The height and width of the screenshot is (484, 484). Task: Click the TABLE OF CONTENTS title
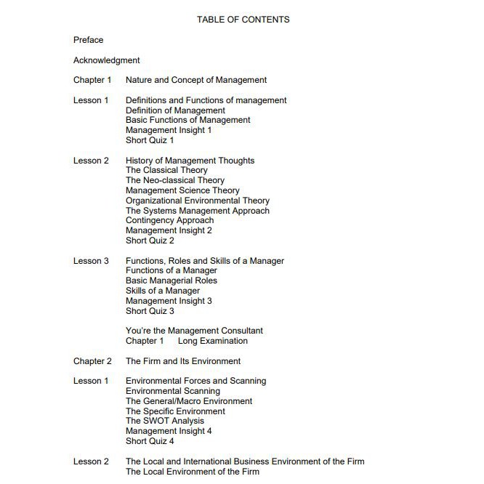(243, 20)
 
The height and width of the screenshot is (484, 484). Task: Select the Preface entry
(89, 40)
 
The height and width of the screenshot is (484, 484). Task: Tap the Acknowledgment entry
(107, 60)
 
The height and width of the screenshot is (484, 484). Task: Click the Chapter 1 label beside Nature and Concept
(92, 80)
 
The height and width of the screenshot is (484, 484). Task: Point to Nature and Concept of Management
(196, 80)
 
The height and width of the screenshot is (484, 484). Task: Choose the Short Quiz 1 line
(150, 140)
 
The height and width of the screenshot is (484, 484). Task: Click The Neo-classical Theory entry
(175, 180)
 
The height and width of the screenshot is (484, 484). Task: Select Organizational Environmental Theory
(198, 201)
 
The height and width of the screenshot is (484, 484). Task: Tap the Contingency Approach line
(170, 220)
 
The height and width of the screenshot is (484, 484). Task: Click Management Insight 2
(169, 230)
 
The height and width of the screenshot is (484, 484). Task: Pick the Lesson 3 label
(91, 261)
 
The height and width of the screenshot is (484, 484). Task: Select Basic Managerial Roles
(172, 281)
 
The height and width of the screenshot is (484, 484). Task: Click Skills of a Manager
(163, 291)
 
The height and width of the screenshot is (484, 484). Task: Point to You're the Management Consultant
(194, 331)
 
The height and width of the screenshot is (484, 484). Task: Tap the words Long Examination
(213, 341)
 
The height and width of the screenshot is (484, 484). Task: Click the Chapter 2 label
(92, 361)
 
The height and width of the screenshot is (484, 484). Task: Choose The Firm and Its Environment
(183, 361)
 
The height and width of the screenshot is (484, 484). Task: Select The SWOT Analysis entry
(165, 421)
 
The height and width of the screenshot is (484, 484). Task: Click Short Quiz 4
(150, 441)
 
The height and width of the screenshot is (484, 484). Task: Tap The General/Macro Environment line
(189, 401)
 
